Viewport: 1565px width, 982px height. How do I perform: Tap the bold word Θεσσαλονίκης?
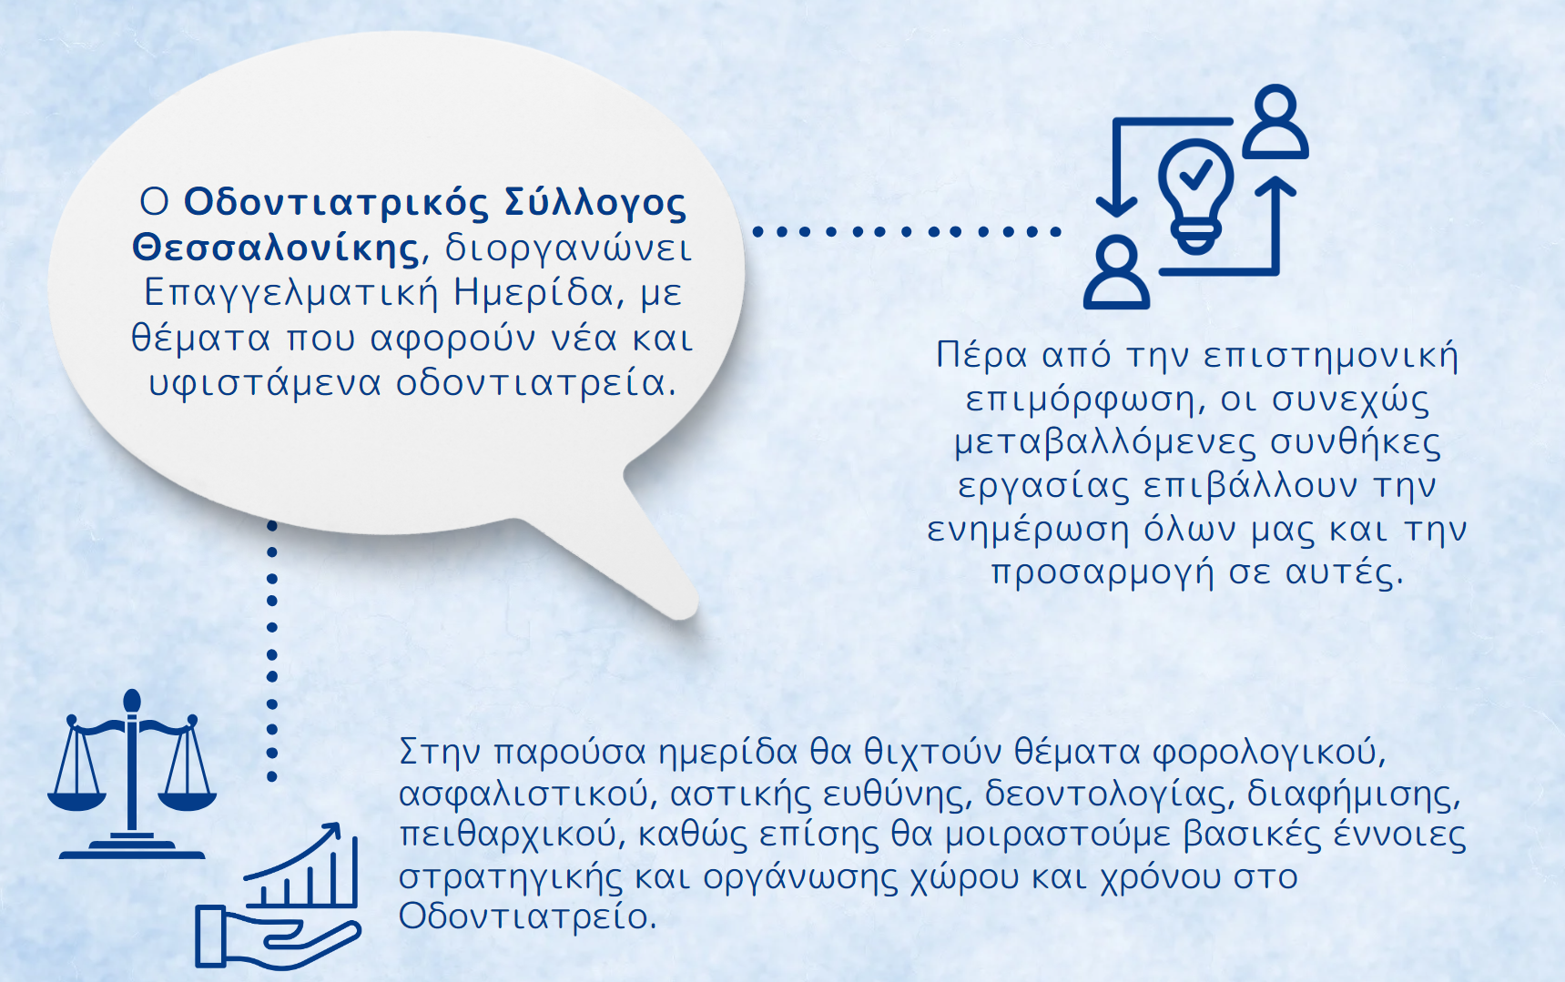click(x=276, y=248)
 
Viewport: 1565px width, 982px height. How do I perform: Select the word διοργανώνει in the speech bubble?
click(x=568, y=248)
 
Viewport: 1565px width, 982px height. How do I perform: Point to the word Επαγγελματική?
click(x=290, y=293)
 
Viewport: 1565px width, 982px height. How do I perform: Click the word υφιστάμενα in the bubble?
click(x=265, y=383)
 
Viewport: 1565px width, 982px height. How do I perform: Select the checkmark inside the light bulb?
click(x=1196, y=172)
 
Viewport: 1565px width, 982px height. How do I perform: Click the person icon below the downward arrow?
click(x=1116, y=272)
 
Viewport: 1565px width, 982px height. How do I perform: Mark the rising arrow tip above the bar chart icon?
click(x=333, y=829)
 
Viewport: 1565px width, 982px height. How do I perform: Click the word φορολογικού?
click(x=1269, y=753)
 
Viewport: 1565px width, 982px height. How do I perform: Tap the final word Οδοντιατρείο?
click(x=527, y=916)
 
